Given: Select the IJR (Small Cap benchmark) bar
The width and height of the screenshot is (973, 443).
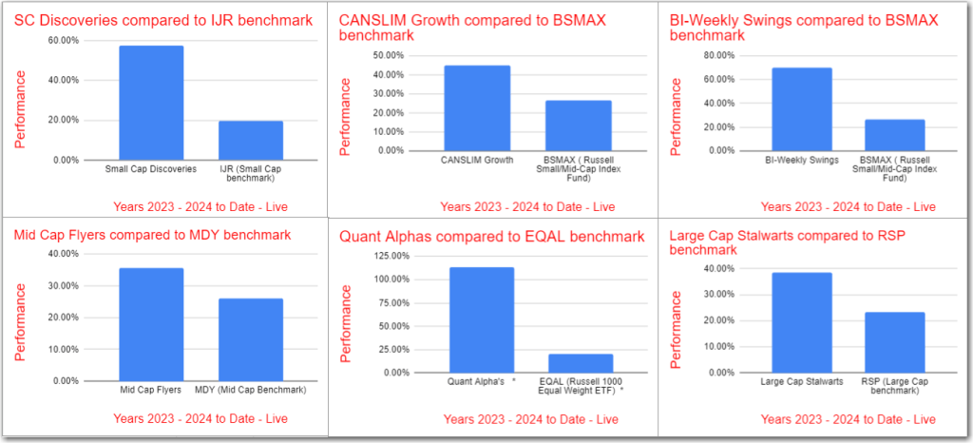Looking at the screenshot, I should tap(251, 141).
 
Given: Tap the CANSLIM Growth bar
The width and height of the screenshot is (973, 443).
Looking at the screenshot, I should tap(477, 107).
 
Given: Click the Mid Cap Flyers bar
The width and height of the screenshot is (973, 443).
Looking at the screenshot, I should tap(151, 324).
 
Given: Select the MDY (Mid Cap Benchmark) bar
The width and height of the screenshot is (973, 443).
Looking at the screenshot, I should tap(251, 339).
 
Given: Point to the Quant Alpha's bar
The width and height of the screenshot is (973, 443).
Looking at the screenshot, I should tap(482, 319).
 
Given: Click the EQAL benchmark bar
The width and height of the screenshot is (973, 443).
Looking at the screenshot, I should tap(582, 363).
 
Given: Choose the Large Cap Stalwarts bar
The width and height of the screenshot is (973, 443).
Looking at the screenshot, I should tap(802, 322).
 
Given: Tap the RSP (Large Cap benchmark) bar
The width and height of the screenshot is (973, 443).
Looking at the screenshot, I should tap(894, 342).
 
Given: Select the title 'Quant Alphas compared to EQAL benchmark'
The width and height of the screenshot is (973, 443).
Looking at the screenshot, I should tap(491, 236).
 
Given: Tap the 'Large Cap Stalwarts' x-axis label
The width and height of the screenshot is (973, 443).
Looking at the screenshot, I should tap(802, 383).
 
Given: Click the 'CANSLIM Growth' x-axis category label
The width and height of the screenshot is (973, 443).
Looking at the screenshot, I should tap(477, 160).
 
